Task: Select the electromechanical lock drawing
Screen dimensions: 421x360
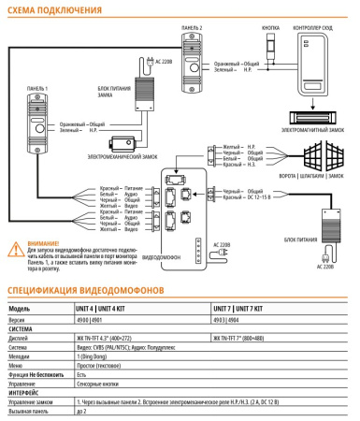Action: click(x=121, y=143)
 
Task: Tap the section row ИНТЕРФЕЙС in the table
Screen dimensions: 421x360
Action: click(x=25, y=393)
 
